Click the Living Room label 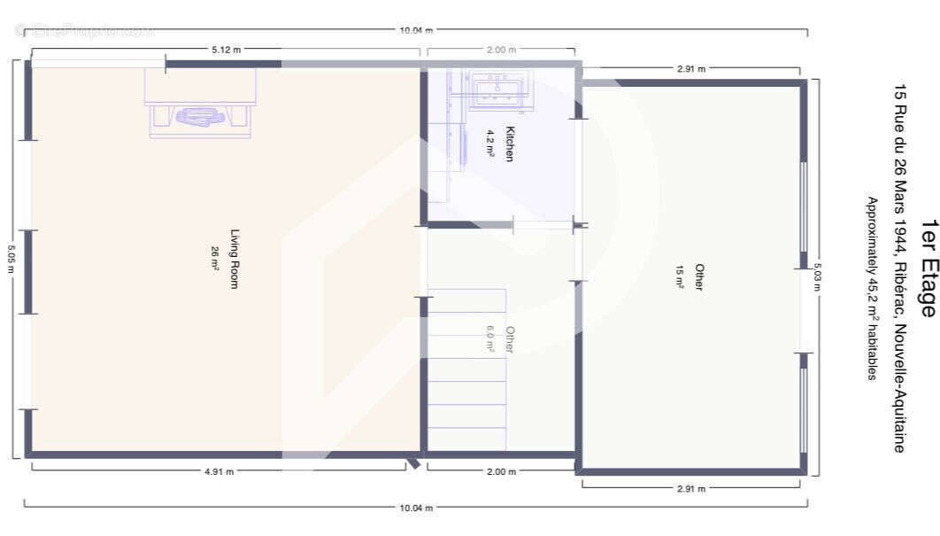235,259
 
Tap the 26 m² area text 215,257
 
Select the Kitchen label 509,144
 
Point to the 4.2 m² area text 489,144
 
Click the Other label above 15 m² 699,276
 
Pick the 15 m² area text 680,276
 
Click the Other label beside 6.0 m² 509,340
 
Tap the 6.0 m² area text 489,338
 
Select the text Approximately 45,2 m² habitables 871,289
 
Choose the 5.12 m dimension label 226,50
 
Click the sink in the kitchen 501,90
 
